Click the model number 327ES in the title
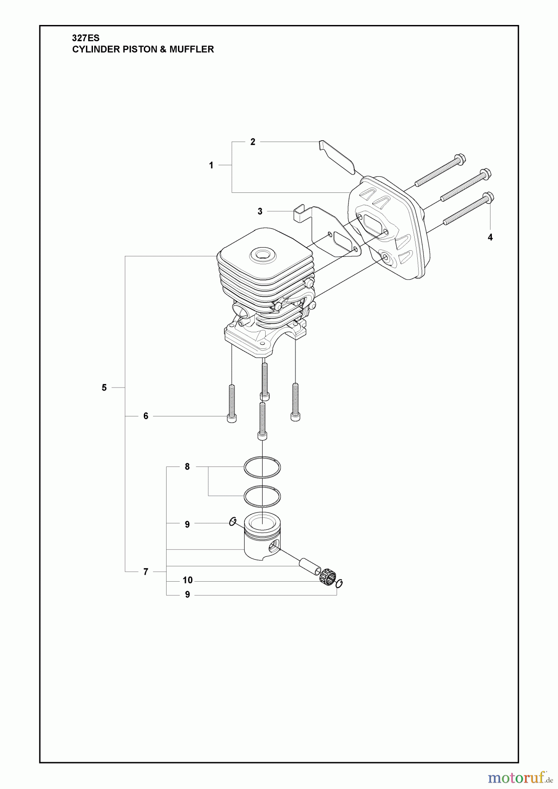(85, 39)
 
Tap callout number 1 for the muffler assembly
(211, 165)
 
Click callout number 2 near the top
(252, 142)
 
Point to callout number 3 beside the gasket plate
(260, 211)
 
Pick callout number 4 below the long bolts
(490, 237)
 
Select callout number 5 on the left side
(104, 387)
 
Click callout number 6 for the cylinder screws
(146, 416)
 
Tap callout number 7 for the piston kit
(146, 572)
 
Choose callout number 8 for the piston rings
(187, 467)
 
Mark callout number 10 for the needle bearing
(187, 580)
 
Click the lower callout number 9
(187, 595)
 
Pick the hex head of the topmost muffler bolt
(460, 158)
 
